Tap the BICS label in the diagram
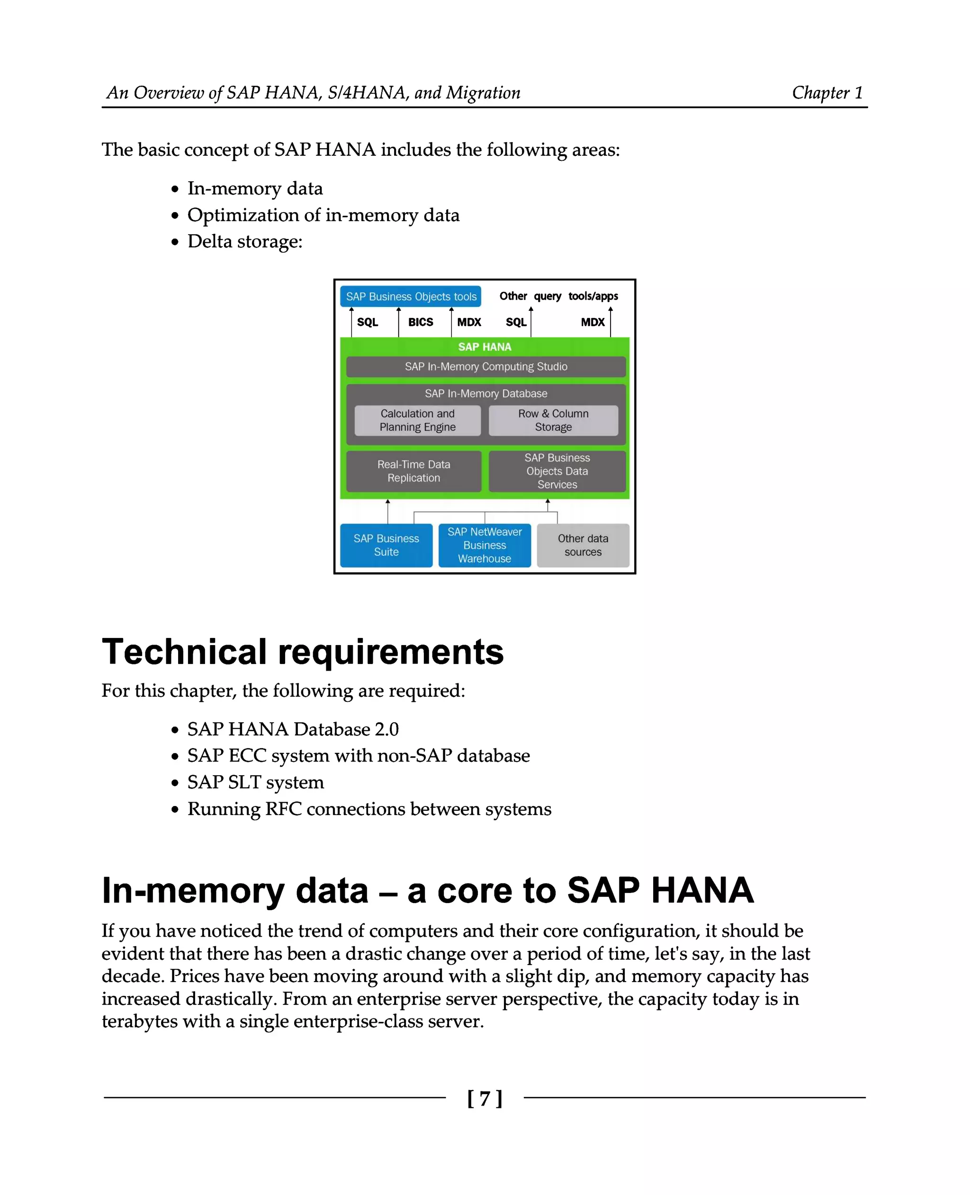click(x=420, y=322)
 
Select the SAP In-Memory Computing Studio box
click(x=485, y=367)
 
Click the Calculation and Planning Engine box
click(x=417, y=420)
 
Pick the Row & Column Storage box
click(x=553, y=420)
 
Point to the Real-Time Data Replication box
click(x=413, y=471)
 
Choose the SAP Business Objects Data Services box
click(x=557, y=471)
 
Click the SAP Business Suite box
click(x=386, y=545)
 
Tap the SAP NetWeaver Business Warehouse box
click(x=485, y=545)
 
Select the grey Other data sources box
click(x=583, y=545)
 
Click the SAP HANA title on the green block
click(x=485, y=347)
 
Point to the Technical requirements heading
click(x=302, y=652)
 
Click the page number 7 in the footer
click(x=485, y=1098)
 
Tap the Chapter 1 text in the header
click(x=827, y=93)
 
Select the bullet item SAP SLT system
click(x=255, y=782)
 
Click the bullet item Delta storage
click(x=245, y=241)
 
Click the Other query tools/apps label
click(x=559, y=296)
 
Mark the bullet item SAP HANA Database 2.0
click(x=293, y=729)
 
